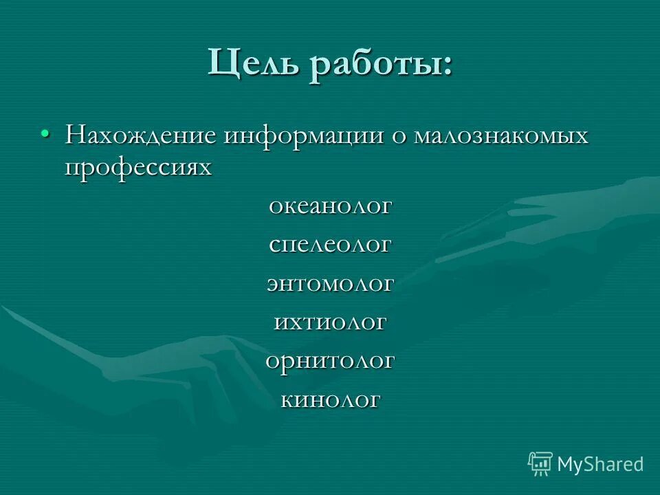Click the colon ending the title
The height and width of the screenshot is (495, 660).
[x=448, y=67]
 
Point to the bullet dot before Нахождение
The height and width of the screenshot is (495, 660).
[x=45, y=132]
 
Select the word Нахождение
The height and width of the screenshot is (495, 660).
[x=140, y=135]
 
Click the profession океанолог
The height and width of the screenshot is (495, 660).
[x=330, y=206]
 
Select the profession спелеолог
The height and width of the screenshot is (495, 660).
[x=330, y=245]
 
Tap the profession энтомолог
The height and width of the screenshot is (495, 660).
[x=330, y=283]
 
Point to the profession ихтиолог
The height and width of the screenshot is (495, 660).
[x=330, y=321]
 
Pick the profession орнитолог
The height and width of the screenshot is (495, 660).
[x=330, y=360]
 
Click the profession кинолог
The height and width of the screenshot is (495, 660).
[x=330, y=399]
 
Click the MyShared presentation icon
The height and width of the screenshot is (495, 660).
[x=540, y=463]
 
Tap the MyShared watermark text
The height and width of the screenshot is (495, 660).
[x=600, y=464]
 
